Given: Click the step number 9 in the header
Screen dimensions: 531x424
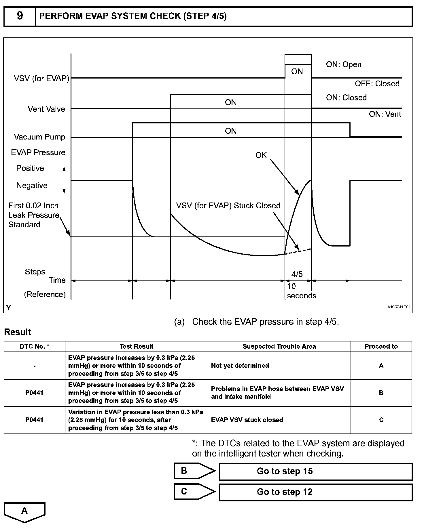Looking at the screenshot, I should tap(20, 16).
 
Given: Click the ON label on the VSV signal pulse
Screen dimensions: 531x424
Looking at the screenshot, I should tap(297, 71).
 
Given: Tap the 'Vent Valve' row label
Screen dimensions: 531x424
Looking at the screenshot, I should tap(46, 109).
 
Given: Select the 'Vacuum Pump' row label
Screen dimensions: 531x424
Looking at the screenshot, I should tap(39, 137).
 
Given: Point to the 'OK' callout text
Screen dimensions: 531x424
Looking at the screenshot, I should tap(261, 155).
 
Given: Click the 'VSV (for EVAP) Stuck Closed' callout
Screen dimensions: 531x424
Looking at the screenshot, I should tap(228, 206).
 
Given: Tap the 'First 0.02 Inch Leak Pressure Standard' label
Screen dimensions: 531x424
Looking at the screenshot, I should tap(33, 215).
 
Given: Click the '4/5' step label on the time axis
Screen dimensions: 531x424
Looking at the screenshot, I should tap(297, 274).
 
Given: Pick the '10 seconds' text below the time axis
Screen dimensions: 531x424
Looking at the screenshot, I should tap(301, 291).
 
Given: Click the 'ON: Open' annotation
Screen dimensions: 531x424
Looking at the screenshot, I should tap(344, 64).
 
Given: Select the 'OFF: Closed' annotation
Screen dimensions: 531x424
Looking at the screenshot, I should tap(377, 84).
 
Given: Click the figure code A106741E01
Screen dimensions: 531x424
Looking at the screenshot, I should tap(399, 307).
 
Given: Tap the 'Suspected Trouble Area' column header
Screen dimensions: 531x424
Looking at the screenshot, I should tap(279, 346).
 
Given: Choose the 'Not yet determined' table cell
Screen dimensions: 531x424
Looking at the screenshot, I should tap(240, 366).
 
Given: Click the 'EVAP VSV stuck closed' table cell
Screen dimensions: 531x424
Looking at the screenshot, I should tap(247, 420).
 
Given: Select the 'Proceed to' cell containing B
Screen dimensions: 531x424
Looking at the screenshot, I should tap(381, 393).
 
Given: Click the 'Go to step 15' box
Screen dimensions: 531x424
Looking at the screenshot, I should tap(315, 471).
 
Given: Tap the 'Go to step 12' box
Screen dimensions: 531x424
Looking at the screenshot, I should tap(315, 492).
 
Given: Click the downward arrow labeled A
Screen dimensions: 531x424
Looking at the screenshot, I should tap(24, 512).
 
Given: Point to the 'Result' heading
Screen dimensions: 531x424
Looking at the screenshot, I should tap(18, 332).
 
